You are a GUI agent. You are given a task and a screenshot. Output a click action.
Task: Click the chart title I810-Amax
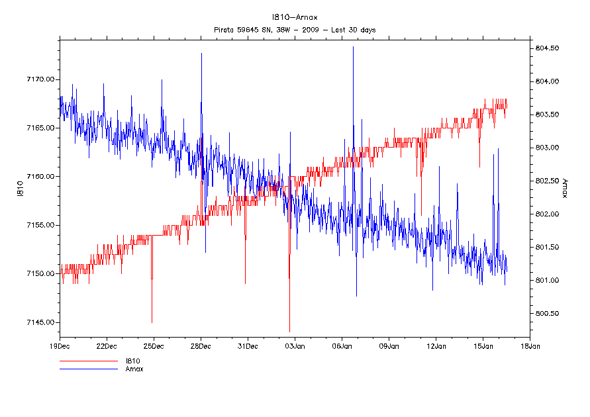(295, 17)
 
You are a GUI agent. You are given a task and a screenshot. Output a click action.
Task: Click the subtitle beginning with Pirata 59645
(295, 30)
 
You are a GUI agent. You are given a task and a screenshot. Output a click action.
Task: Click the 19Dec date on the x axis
(60, 346)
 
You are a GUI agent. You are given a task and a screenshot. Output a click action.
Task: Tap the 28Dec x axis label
(201, 346)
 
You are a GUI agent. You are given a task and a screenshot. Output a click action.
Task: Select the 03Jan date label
(295, 346)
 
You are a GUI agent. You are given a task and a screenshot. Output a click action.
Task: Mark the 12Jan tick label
(436, 346)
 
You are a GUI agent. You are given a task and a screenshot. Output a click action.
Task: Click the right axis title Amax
(564, 187)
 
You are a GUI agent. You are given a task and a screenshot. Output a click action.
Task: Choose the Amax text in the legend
(134, 369)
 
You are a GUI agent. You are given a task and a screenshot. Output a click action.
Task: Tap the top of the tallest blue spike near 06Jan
(353, 47)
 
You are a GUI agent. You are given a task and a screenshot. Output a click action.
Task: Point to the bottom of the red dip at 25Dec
(152, 322)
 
